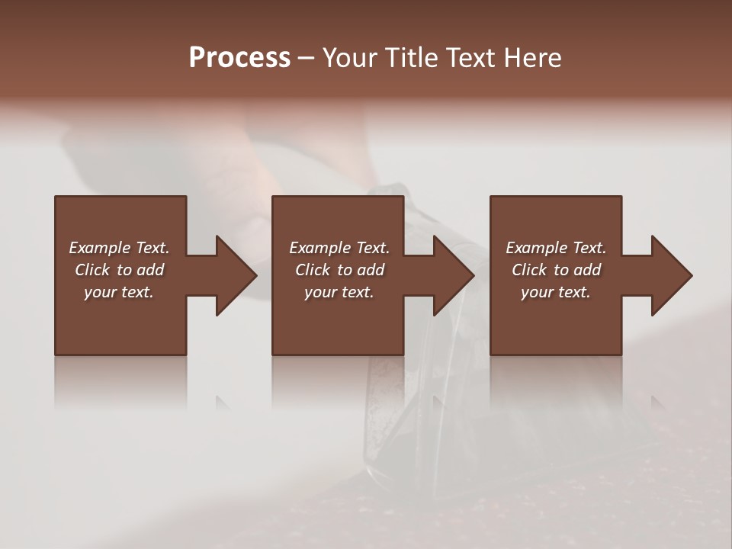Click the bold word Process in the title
click(x=239, y=57)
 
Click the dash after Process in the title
click(x=307, y=58)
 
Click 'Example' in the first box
click(x=100, y=248)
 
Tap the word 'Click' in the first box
click(x=92, y=270)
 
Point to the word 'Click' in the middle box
click(x=313, y=270)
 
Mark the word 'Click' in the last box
click(x=529, y=270)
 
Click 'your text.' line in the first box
click(x=119, y=292)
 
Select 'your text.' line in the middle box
click(x=339, y=292)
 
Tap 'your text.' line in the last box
click(x=556, y=292)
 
